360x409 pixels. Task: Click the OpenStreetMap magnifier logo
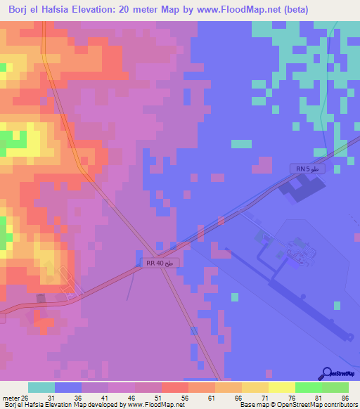click(x=327, y=374)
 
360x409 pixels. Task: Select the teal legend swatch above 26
click(x=41, y=387)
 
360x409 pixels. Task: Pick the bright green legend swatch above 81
click(x=308, y=387)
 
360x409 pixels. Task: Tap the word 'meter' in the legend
click(x=11, y=398)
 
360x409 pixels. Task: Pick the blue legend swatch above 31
click(x=67, y=387)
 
